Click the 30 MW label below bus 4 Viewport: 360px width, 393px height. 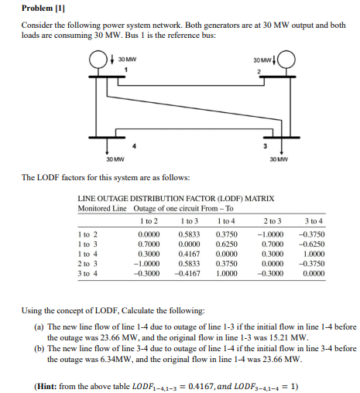114,159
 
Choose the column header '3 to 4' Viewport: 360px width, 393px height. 314,220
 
